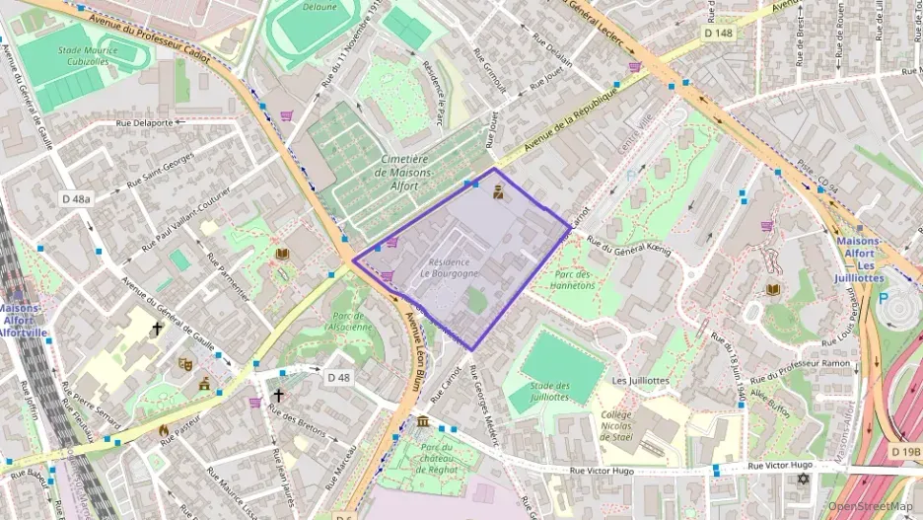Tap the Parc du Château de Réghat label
tap(435, 459)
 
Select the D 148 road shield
tap(719, 34)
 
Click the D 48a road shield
tap(76, 198)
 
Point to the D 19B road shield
tap(904, 452)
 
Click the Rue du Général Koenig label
tap(628, 245)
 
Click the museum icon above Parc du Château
tap(423, 422)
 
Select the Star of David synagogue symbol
tap(802, 481)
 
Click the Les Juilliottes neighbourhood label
tap(641, 380)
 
